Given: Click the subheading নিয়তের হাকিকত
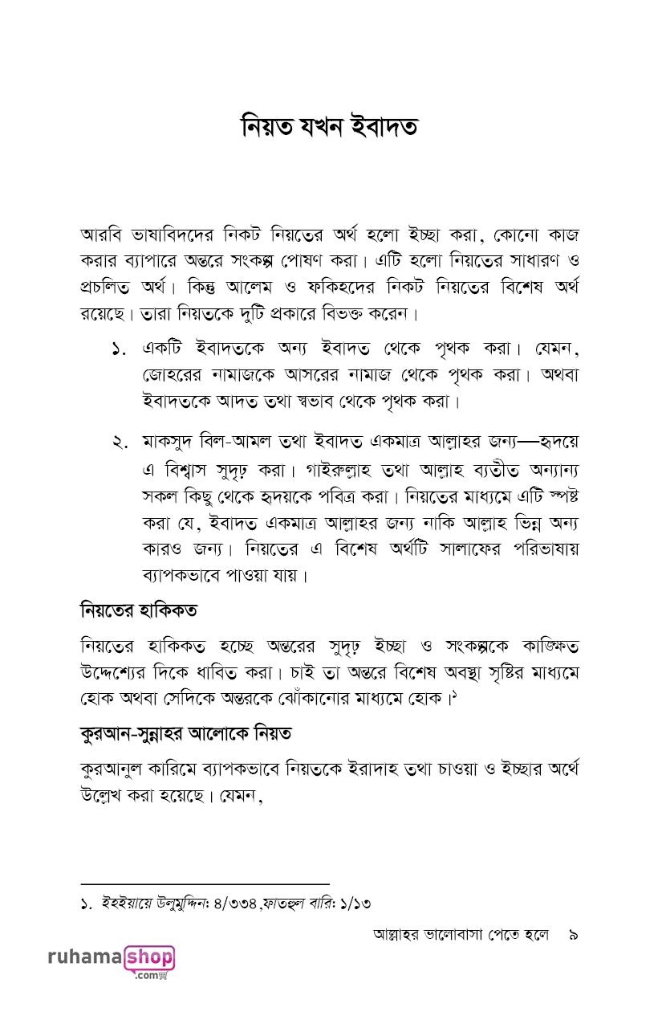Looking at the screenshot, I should (139, 610).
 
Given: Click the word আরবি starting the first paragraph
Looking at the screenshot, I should (100, 236).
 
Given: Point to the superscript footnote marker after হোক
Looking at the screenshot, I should (453, 696).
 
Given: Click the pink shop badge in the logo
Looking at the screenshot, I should (149, 958).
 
